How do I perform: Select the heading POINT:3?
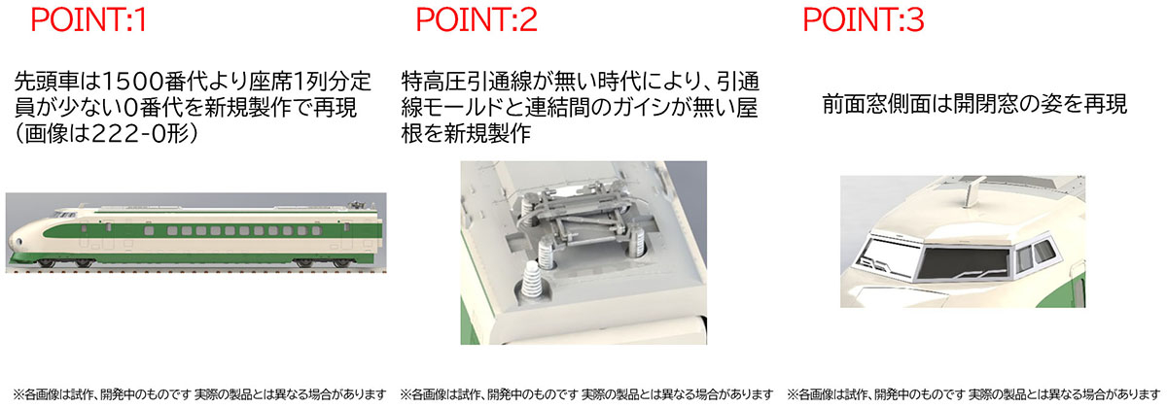pyautogui.click(x=863, y=20)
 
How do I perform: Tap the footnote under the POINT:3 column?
pyautogui.click(x=973, y=394)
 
